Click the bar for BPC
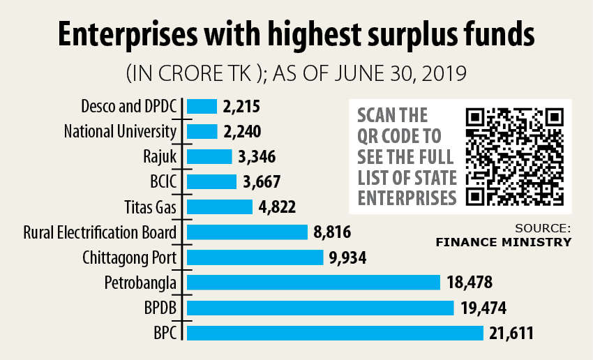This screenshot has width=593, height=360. (335, 333)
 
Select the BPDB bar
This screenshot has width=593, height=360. (320, 308)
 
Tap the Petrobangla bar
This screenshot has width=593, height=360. (313, 283)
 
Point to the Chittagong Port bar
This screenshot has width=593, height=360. (256, 257)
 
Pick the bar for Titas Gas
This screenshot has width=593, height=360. (219, 207)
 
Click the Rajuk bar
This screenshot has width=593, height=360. (209, 157)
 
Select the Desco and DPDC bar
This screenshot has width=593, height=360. (202, 107)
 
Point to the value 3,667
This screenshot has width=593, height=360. (262, 182)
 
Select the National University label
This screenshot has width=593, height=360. (121, 132)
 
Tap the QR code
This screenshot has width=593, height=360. (514, 156)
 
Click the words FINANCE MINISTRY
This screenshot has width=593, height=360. (503, 243)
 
